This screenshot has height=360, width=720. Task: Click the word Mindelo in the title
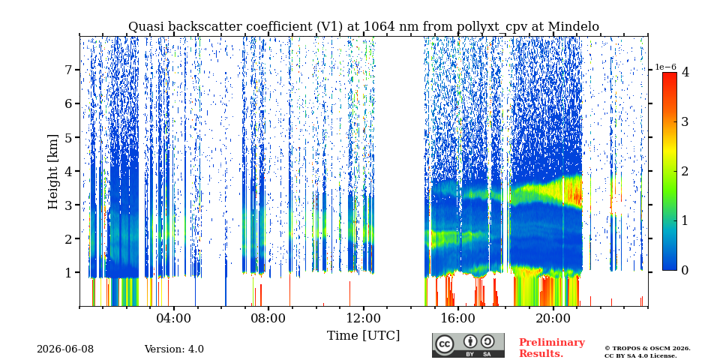click(574, 27)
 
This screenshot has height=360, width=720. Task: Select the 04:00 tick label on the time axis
click(173, 318)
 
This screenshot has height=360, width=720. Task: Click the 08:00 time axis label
click(268, 318)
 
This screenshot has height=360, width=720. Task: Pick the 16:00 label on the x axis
click(458, 318)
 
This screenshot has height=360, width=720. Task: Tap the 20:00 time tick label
click(553, 318)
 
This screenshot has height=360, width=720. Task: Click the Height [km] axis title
click(53, 172)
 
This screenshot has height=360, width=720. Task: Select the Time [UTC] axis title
click(363, 335)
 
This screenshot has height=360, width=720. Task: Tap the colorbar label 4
click(685, 72)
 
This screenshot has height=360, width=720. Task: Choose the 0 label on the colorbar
click(685, 271)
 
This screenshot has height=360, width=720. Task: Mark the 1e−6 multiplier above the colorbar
click(665, 67)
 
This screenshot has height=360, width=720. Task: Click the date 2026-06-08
click(65, 349)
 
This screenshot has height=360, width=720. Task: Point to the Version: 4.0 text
click(174, 349)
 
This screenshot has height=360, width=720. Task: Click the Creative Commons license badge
click(468, 345)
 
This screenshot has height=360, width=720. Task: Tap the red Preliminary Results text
click(552, 348)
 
